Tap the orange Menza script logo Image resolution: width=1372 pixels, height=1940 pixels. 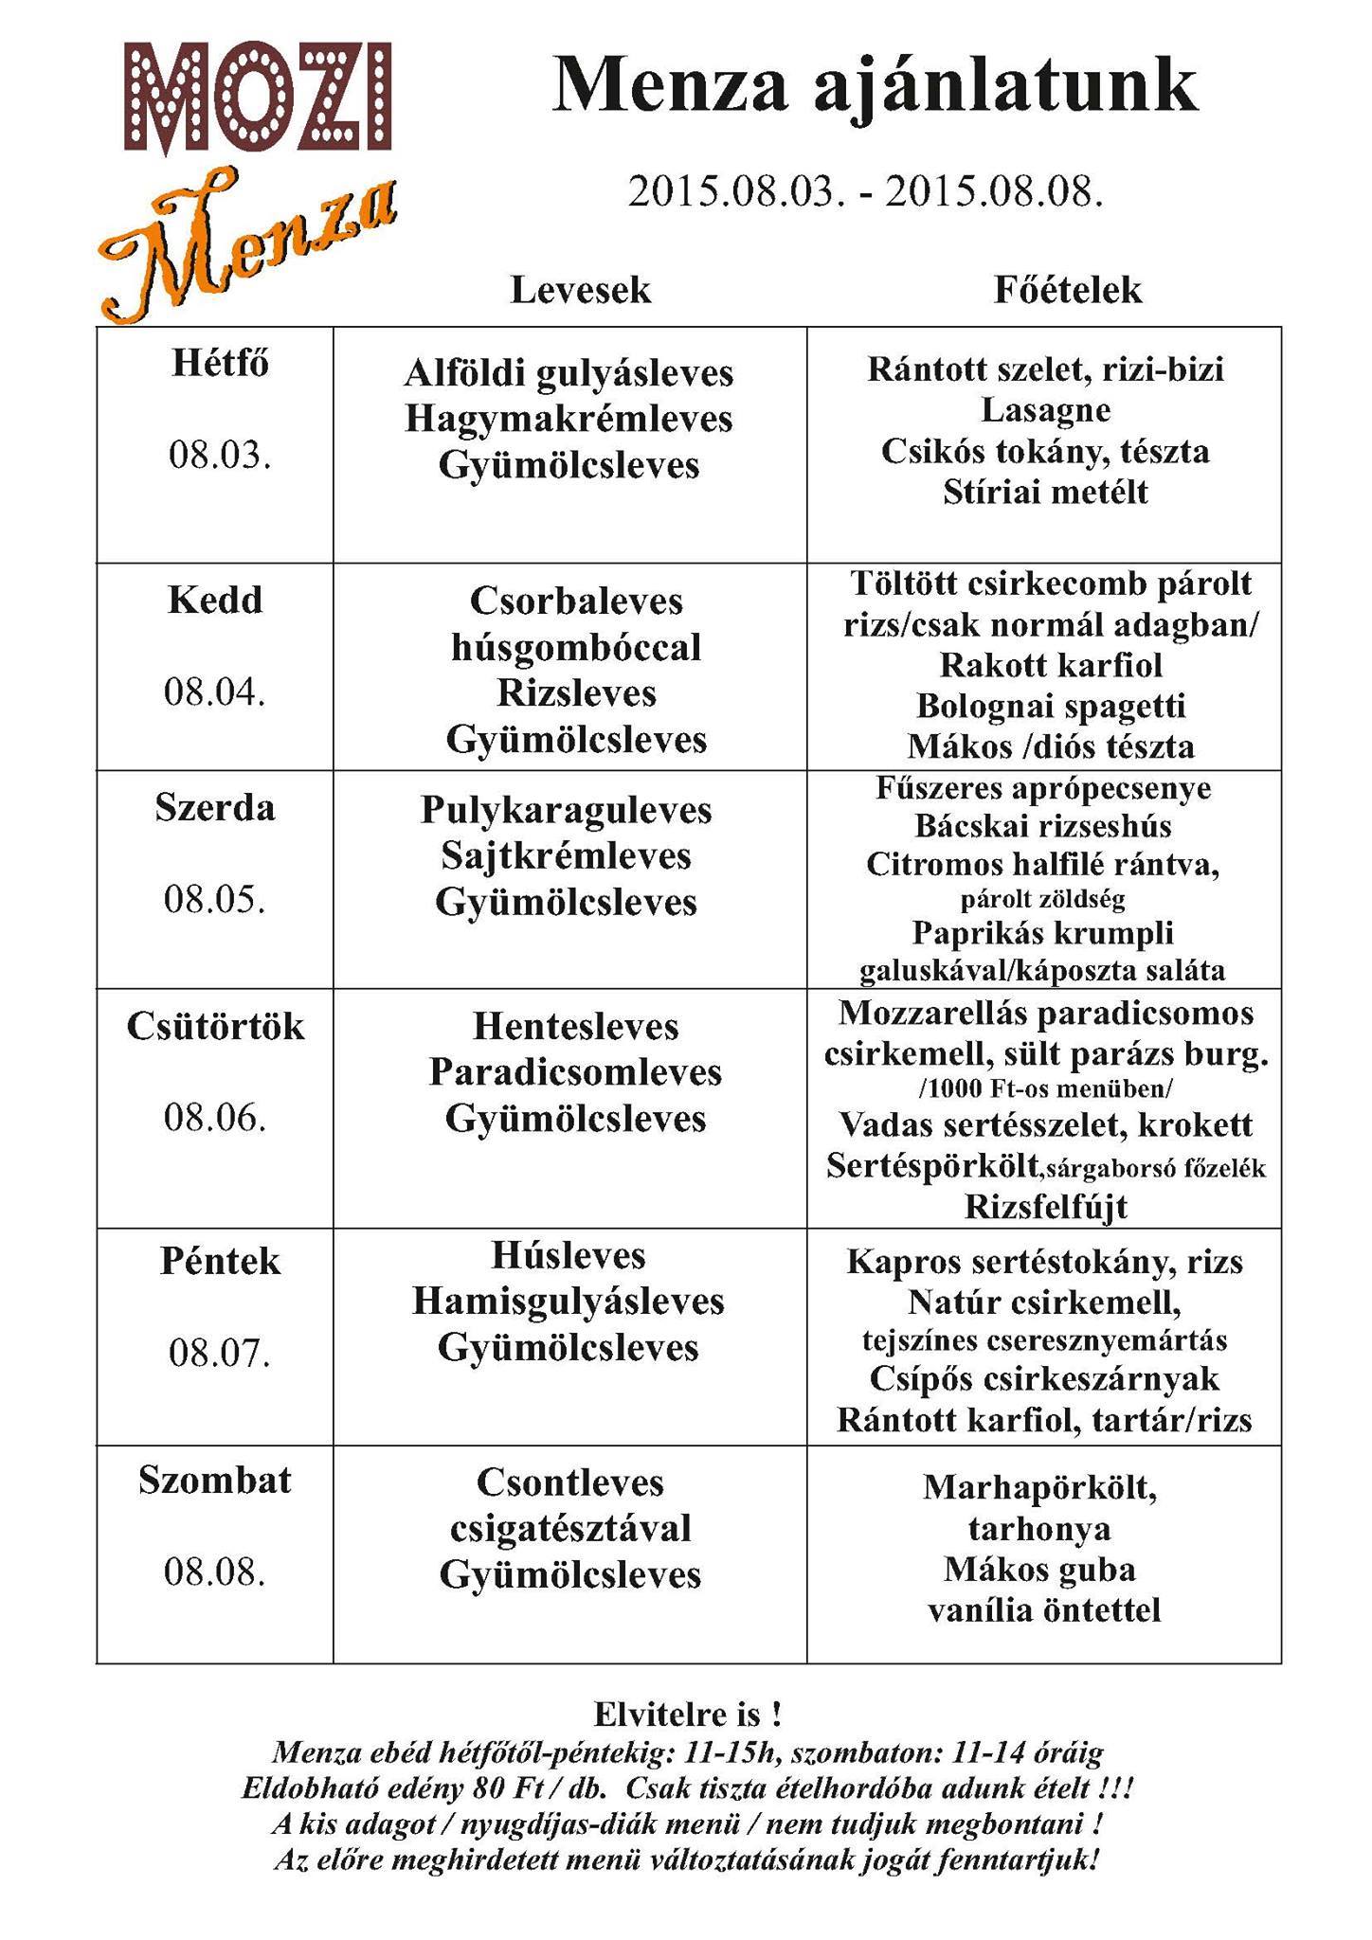click(246, 243)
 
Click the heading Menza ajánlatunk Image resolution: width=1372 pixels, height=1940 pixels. click(875, 88)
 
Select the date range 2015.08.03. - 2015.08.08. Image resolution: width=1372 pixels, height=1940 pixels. click(865, 192)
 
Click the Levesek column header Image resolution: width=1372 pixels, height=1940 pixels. click(581, 290)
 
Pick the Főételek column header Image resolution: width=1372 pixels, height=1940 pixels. click(1068, 290)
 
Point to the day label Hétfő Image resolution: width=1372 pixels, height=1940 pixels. click(221, 364)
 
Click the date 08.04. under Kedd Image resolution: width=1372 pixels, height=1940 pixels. click(215, 692)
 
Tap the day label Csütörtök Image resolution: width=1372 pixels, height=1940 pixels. click(216, 1027)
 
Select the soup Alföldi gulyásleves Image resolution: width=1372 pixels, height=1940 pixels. click(569, 373)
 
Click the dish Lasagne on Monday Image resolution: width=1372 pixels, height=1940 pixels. click(1045, 410)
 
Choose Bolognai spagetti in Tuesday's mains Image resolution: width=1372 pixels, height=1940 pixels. click(1051, 706)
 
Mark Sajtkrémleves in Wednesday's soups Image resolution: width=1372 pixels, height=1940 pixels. click(567, 856)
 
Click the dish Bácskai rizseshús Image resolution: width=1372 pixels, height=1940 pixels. click(1043, 826)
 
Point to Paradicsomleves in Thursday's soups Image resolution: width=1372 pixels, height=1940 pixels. click(575, 1072)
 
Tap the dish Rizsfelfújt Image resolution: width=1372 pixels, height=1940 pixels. click(1046, 1207)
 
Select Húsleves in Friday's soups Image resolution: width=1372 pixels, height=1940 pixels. click(569, 1256)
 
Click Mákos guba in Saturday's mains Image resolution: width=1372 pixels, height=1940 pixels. click(1039, 1570)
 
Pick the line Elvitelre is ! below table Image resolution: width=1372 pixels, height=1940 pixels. click(688, 1715)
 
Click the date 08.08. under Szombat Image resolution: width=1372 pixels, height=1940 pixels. click(215, 1572)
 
